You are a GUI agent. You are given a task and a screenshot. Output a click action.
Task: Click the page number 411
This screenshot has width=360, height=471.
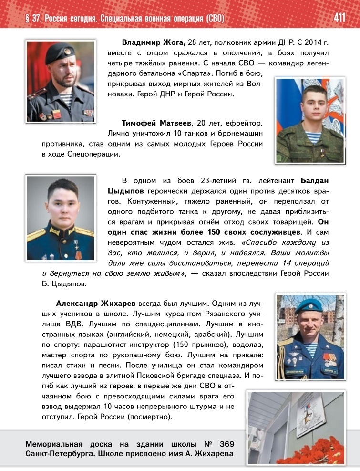coord(339,18)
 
